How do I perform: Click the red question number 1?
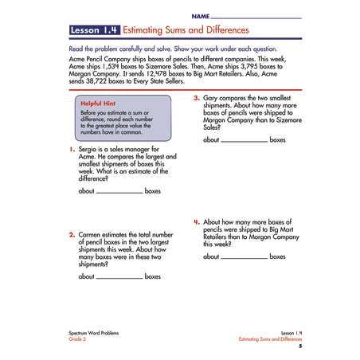[x=72, y=150]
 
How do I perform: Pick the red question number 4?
[x=197, y=222]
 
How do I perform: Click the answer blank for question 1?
[x=119, y=192]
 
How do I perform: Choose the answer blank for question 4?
[x=245, y=257]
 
